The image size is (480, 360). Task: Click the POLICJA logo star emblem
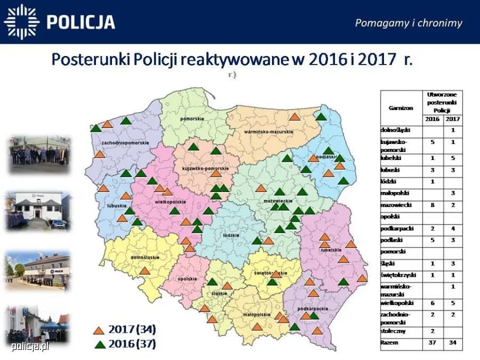(x=22, y=22)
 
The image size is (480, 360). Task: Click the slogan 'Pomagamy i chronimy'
(x=409, y=22)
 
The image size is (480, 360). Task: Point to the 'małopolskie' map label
(x=255, y=315)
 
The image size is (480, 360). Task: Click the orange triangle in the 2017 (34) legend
(x=99, y=330)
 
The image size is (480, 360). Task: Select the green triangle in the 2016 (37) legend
(x=99, y=344)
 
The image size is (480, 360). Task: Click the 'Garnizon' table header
(x=401, y=107)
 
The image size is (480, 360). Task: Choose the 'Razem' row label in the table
(x=389, y=343)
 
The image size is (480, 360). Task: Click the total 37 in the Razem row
(x=433, y=343)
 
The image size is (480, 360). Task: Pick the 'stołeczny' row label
(x=393, y=331)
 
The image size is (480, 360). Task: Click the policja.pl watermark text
(x=30, y=347)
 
